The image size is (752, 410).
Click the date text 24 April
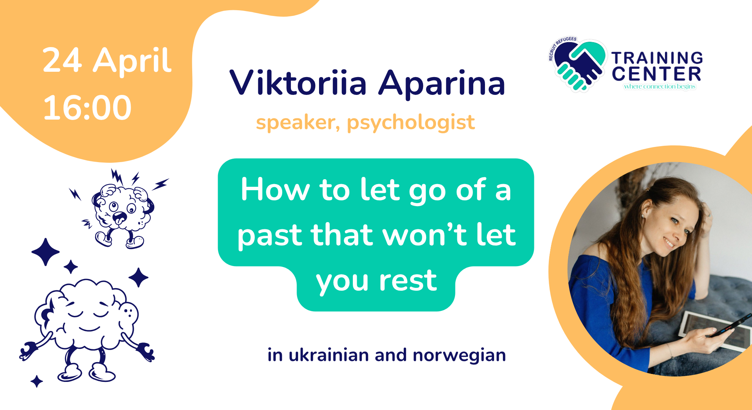107,61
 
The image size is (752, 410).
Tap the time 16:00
87,108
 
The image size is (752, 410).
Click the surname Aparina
442,84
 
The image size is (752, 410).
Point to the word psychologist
411,123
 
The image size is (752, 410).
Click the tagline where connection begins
660,87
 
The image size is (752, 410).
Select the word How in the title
275,189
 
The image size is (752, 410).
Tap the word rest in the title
408,281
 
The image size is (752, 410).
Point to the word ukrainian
329,355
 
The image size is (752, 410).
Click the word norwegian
459,356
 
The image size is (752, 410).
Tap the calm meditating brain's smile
89,329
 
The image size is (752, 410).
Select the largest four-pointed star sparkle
46,252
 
